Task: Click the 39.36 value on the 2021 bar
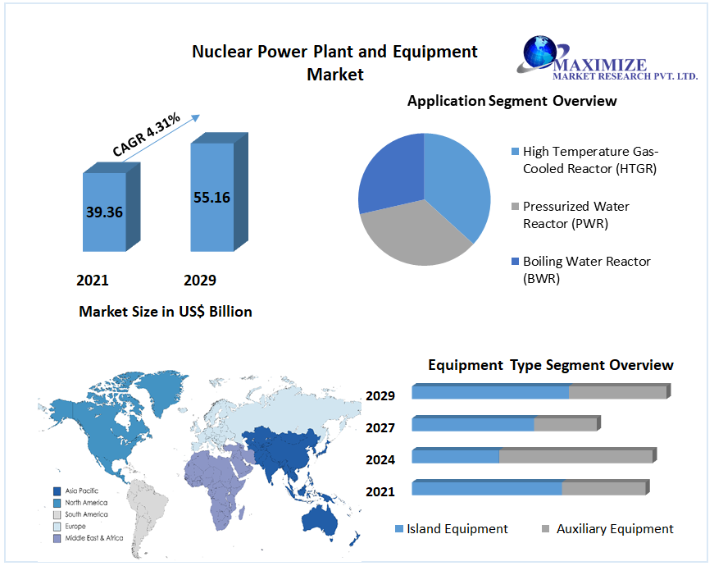click(x=104, y=212)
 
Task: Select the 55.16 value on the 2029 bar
click(x=211, y=197)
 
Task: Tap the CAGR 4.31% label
click(x=147, y=135)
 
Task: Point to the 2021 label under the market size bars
click(x=93, y=281)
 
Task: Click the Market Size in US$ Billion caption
click(x=166, y=312)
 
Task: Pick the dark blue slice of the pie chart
click(x=389, y=172)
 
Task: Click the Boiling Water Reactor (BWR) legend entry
click(x=585, y=269)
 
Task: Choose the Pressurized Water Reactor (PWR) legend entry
click(x=575, y=214)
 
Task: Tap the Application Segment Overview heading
click(x=512, y=102)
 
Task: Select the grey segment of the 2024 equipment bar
click(x=576, y=456)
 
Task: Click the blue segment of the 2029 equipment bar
click(x=490, y=393)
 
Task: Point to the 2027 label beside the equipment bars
click(x=380, y=427)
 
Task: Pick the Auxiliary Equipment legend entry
click(x=615, y=529)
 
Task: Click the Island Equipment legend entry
click(x=457, y=529)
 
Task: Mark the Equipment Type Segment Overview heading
click(x=551, y=365)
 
